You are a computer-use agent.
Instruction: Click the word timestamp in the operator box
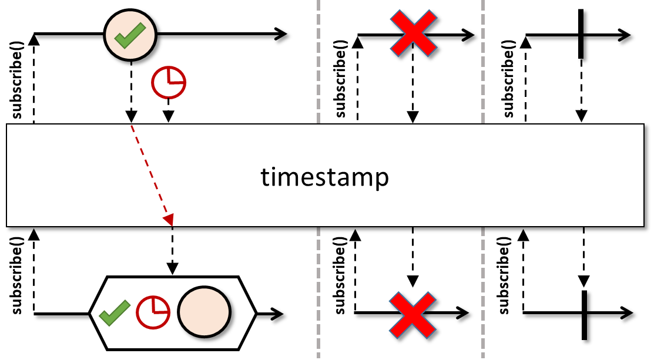325,177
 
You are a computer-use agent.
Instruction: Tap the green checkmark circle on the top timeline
130,35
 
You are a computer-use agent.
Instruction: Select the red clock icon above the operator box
169,82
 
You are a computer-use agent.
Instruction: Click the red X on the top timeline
413,33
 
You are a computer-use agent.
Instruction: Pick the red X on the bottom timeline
412,315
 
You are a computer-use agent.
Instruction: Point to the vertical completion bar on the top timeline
581,34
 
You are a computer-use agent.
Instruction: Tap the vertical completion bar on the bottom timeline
584,315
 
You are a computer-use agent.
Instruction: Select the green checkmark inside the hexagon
115,313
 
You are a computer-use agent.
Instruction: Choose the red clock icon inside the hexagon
153,312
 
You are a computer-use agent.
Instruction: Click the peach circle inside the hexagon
204,312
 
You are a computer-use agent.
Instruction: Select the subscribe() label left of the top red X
340,79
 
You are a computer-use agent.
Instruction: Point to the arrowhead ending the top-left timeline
281,33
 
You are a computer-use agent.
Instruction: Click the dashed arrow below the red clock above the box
168,110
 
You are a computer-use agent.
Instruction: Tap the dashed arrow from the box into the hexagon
172,251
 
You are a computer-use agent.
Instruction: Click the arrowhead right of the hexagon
277,314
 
